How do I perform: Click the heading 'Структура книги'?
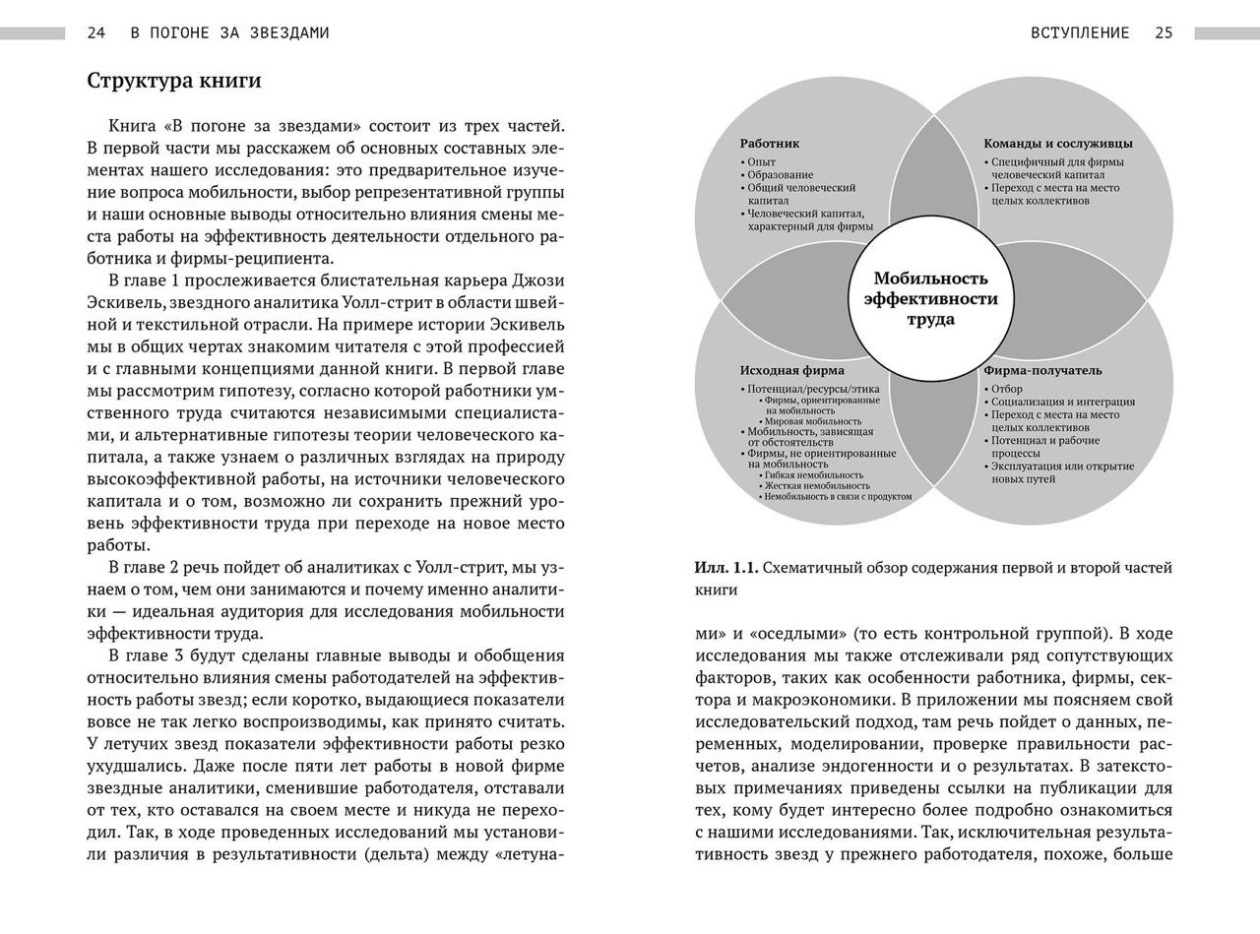(174, 81)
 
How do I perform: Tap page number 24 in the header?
(96, 32)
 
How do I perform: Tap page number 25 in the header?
(1164, 32)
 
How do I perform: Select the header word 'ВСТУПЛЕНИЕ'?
(1080, 32)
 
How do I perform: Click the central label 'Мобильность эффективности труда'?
(930, 299)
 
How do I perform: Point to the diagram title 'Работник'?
(770, 144)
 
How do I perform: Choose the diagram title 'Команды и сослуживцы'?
(1058, 144)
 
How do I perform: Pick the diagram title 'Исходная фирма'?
(791, 371)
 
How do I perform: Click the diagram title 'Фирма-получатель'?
(1042, 371)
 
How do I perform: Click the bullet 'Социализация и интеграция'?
(1062, 402)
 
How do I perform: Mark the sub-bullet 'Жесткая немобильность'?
(816, 485)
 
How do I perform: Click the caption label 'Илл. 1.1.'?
(725, 568)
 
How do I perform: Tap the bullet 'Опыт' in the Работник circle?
(761, 162)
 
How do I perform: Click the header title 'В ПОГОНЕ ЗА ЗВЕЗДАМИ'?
(230, 32)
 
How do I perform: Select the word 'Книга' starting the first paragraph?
(132, 126)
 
